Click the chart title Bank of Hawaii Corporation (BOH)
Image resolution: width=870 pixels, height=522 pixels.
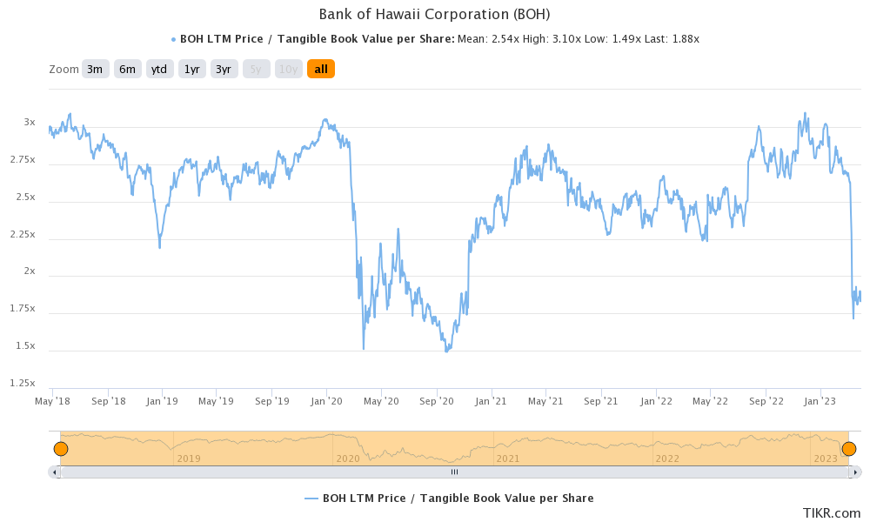pos(434,14)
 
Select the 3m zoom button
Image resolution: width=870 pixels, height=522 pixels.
pos(95,69)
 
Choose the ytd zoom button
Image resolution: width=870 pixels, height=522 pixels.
pos(158,69)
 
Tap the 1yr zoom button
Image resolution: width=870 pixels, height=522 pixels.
pos(191,69)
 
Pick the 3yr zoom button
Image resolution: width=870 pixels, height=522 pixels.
pos(224,69)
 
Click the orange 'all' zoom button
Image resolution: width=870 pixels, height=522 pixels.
pos(320,69)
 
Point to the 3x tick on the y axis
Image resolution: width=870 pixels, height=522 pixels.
pos(30,123)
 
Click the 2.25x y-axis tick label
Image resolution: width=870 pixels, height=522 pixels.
pos(23,234)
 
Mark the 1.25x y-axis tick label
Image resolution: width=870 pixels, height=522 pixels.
pos(23,383)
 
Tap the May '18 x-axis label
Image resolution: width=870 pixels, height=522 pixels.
pos(52,401)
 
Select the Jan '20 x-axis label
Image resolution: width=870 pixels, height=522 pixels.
pos(327,401)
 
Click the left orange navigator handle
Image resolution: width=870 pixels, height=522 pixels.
pos(61,449)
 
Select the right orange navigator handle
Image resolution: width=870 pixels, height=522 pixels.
pos(849,449)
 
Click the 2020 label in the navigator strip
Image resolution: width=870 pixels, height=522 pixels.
pos(348,458)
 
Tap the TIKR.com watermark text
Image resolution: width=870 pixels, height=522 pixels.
pos(833,513)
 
